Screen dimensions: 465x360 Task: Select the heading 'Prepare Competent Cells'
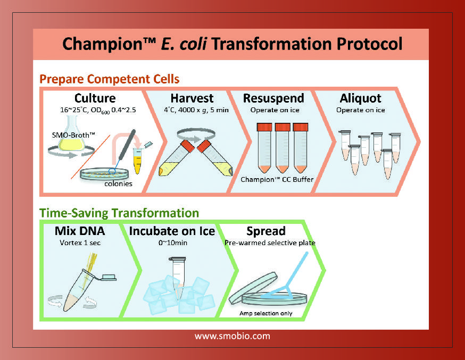[x=110, y=79]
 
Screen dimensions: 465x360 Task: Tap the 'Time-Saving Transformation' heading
[x=119, y=213]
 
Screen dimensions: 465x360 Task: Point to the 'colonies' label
[x=118, y=183]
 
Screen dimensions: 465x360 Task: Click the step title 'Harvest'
[x=192, y=98]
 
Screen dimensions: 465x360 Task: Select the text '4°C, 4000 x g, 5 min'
[x=196, y=110]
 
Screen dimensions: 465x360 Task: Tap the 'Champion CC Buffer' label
[x=277, y=180]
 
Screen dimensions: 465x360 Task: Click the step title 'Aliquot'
[x=361, y=98]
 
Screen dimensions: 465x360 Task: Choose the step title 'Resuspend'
[x=273, y=98]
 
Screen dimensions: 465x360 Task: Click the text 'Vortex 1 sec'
[x=80, y=242]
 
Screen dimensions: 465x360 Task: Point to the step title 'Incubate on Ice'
[x=172, y=231]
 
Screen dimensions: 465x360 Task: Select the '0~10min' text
[x=173, y=242]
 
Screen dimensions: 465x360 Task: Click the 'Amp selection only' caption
[x=266, y=313]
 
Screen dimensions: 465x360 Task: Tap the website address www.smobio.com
[x=232, y=336]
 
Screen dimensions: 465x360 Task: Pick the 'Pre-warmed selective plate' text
[x=270, y=242]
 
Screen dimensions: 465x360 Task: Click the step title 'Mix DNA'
[x=80, y=231]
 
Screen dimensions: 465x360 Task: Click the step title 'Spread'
[x=266, y=231]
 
